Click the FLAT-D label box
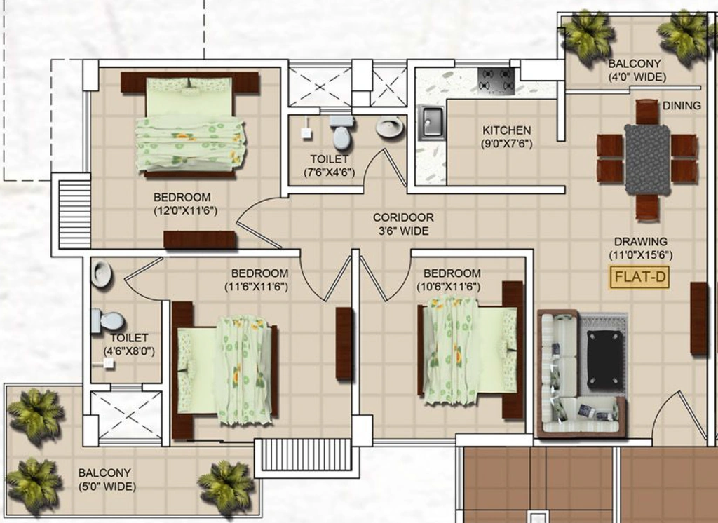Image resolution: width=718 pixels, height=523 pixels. [x=639, y=277]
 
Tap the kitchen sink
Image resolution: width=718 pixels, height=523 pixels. [x=431, y=122]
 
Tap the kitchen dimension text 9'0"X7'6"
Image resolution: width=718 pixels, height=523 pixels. [x=506, y=144]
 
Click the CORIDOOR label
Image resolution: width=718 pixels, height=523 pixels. [x=403, y=217]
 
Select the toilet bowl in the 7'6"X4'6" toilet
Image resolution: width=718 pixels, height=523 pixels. [x=341, y=132]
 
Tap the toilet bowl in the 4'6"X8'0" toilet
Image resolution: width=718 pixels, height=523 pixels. [x=107, y=320]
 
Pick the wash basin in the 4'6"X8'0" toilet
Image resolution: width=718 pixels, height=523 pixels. [x=101, y=273]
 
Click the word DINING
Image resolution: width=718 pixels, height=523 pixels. [x=682, y=106]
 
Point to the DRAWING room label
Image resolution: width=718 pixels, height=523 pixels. [x=640, y=241]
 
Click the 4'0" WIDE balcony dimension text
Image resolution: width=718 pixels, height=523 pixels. [x=637, y=77]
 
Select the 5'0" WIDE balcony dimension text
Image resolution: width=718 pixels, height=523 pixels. [x=107, y=487]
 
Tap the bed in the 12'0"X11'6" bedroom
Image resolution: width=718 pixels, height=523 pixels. [x=190, y=125]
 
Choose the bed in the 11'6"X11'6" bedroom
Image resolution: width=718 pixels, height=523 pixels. [x=224, y=370]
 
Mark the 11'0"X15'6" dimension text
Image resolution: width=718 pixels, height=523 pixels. [x=640, y=256]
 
